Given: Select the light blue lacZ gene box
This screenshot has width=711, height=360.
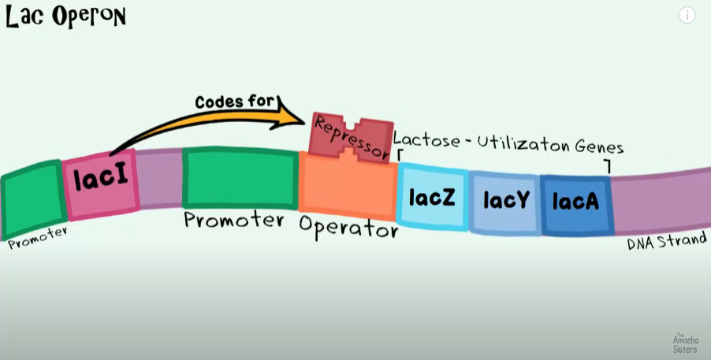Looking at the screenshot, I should coord(433,196).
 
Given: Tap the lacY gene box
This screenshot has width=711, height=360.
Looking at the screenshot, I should coord(505,201).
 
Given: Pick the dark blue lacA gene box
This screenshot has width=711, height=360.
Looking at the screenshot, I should coord(575,202).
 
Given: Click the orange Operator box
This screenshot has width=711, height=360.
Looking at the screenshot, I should coord(347,189).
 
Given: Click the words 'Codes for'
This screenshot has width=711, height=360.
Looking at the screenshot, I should coord(235,101).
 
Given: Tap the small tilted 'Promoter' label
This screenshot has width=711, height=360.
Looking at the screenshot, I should coord(38,238).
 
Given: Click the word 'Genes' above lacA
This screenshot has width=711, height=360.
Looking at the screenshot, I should coord(597,147).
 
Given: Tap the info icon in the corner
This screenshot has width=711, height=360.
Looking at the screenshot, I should coord(687,15).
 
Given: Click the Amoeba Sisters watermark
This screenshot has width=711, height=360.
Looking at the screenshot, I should coord(684,342).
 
